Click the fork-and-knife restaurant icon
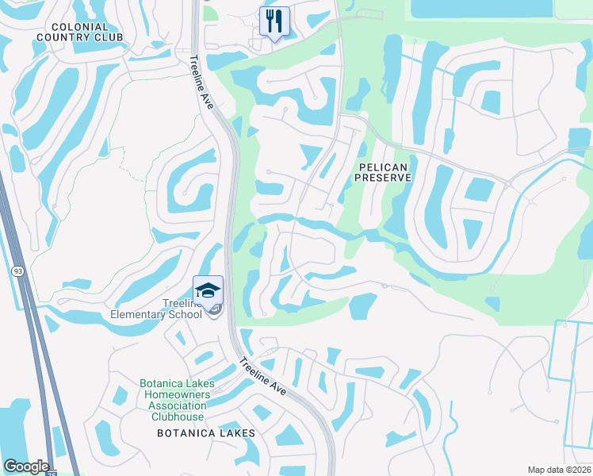274,21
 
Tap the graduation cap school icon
208,291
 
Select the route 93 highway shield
17,271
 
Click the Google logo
26,466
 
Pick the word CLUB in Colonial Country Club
109,37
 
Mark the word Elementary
140,313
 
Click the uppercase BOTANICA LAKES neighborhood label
206,433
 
